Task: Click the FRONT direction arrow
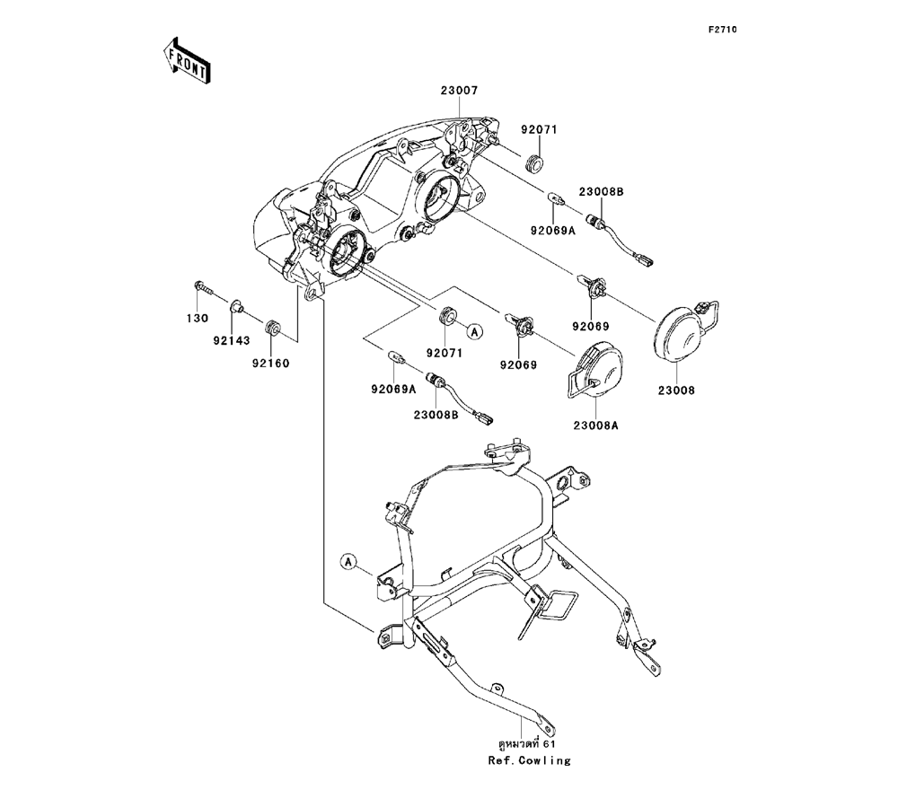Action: [x=186, y=60]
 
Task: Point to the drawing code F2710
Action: [x=721, y=31]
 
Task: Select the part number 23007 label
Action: [x=459, y=91]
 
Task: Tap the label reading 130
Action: [x=198, y=319]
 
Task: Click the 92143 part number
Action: [x=231, y=340]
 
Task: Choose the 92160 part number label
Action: [x=271, y=363]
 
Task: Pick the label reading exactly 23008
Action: [x=676, y=391]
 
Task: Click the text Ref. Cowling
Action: [x=529, y=760]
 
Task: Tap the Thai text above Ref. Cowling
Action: [x=529, y=744]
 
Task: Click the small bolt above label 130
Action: [x=203, y=289]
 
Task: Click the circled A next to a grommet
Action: [x=475, y=332]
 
